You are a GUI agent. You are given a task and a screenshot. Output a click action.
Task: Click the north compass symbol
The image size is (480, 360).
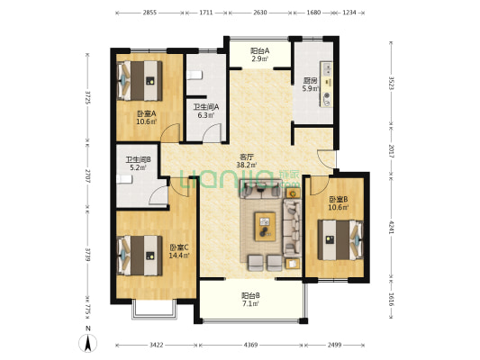(87, 343)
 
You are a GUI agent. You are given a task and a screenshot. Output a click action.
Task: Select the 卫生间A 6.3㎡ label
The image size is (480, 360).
(205, 111)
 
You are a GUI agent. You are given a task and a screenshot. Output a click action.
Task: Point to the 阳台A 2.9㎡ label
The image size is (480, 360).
(259, 54)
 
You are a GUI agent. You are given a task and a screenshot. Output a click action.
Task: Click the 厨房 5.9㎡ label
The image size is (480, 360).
(311, 85)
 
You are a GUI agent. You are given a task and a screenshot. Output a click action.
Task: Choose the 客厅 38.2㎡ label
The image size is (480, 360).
(247, 161)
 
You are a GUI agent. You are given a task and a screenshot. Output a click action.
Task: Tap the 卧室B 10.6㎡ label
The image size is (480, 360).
(339, 203)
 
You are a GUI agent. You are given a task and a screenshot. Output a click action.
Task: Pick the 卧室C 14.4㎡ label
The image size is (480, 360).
(179, 251)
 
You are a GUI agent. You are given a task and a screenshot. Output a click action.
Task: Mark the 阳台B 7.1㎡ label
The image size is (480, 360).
(250, 300)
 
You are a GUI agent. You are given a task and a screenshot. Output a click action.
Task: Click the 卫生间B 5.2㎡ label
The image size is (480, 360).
(138, 163)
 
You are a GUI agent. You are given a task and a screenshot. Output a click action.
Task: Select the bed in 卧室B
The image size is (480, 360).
(340, 240)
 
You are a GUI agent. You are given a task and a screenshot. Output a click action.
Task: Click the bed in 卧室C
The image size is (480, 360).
(140, 256)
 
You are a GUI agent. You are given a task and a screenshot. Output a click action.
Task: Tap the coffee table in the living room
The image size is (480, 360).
(265, 227)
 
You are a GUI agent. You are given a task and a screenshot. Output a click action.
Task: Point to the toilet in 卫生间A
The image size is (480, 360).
(195, 76)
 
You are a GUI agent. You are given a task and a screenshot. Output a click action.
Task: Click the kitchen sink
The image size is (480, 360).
(327, 69)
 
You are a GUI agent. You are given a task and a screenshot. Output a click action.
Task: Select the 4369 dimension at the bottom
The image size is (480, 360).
(250, 345)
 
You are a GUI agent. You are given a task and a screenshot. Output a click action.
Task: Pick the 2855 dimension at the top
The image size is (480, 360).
(149, 13)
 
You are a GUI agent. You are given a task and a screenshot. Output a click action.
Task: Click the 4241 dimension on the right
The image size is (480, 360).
(391, 227)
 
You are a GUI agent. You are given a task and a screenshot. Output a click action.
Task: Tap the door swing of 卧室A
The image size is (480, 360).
(171, 132)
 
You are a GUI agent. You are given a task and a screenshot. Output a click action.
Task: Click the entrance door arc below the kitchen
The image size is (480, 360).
(325, 159)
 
